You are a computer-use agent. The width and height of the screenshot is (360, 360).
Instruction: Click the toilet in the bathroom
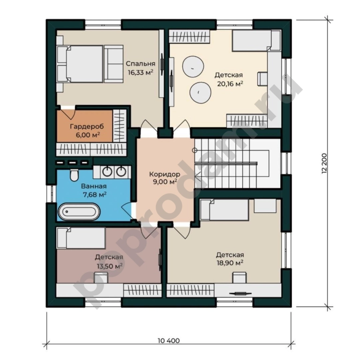[x=74, y=175]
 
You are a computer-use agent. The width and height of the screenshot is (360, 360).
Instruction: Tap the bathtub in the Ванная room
[x=79, y=211]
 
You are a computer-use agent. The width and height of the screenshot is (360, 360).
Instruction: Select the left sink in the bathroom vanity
[x=107, y=172]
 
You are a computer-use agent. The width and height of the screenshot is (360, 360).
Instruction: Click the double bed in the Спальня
[x=80, y=64]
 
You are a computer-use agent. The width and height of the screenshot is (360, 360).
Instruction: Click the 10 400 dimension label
[x=169, y=340]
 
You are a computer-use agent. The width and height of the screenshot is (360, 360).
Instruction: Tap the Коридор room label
[x=165, y=174]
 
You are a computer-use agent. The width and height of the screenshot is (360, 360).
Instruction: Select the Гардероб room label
[x=87, y=126]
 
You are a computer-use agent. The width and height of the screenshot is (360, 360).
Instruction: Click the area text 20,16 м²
[x=230, y=83]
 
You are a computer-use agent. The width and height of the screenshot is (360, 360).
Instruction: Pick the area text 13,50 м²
[x=110, y=266]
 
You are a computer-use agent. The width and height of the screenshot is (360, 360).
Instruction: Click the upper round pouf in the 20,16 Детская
[x=193, y=67]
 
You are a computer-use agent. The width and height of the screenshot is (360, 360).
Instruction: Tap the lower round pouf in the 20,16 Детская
[x=200, y=92]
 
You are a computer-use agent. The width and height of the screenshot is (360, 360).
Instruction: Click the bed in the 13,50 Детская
[x=81, y=238]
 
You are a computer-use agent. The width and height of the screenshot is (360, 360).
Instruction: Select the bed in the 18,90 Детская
[x=225, y=210]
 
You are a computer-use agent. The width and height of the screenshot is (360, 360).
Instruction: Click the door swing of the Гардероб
[x=69, y=112]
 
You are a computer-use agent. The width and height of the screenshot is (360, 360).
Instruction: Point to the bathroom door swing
[x=127, y=211]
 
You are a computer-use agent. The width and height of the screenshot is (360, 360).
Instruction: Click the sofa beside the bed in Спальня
[x=113, y=64]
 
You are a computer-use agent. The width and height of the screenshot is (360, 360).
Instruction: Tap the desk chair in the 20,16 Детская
[x=262, y=79]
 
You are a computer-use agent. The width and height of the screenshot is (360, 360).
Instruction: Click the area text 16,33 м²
[x=141, y=73]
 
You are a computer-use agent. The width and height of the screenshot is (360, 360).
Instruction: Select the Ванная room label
[x=94, y=186]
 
